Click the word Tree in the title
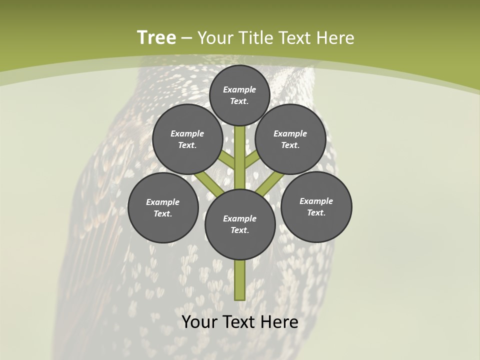click(x=156, y=38)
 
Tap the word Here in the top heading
click(x=334, y=38)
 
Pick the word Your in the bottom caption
click(x=199, y=322)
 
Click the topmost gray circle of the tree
click(x=239, y=95)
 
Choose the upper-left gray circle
click(x=187, y=139)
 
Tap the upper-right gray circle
click(x=290, y=139)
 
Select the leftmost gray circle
click(x=163, y=207)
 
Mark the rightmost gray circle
click(x=316, y=206)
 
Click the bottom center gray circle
click(x=240, y=224)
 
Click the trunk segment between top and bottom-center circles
click(x=240, y=157)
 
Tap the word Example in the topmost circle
click(x=239, y=89)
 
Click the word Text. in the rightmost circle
click(x=316, y=212)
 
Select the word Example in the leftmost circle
click(x=163, y=202)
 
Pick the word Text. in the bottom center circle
click(x=240, y=230)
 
